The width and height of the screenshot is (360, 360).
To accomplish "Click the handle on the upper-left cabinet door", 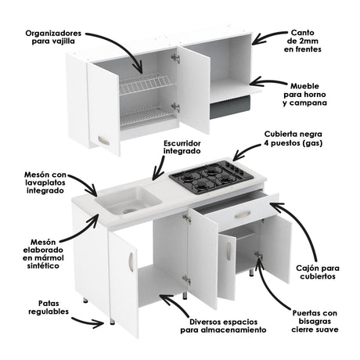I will coord(101,140).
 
